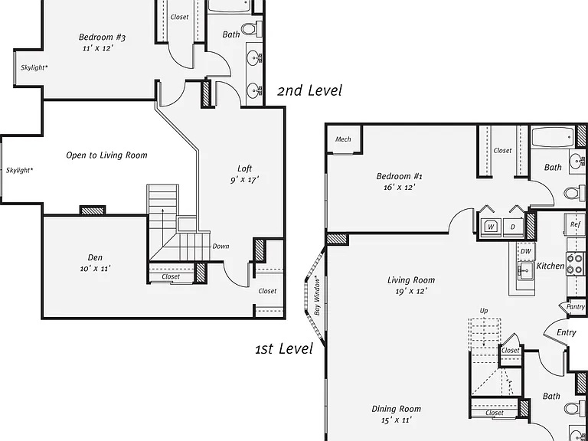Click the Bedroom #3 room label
click(x=102, y=37)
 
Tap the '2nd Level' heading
click(x=310, y=90)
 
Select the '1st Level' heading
click(x=284, y=348)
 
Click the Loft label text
click(x=244, y=168)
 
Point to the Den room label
click(x=95, y=257)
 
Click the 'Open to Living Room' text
click(x=106, y=155)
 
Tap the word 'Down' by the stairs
click(x=220, y=247)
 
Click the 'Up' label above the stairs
click(x=484, y=311)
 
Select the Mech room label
click(x=343, y=139)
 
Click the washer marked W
click(x=492, y=227)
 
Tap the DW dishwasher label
click(x=526, y=252)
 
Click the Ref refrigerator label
click(x=575, y=224)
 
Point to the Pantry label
click(x=576, y=307)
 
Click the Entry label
click(x=567, y=332)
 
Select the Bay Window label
click(x=317, y=296)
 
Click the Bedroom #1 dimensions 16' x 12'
click(x=399, y=187)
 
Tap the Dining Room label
click(x=396, y=409)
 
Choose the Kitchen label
click(x=550, y=266)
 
